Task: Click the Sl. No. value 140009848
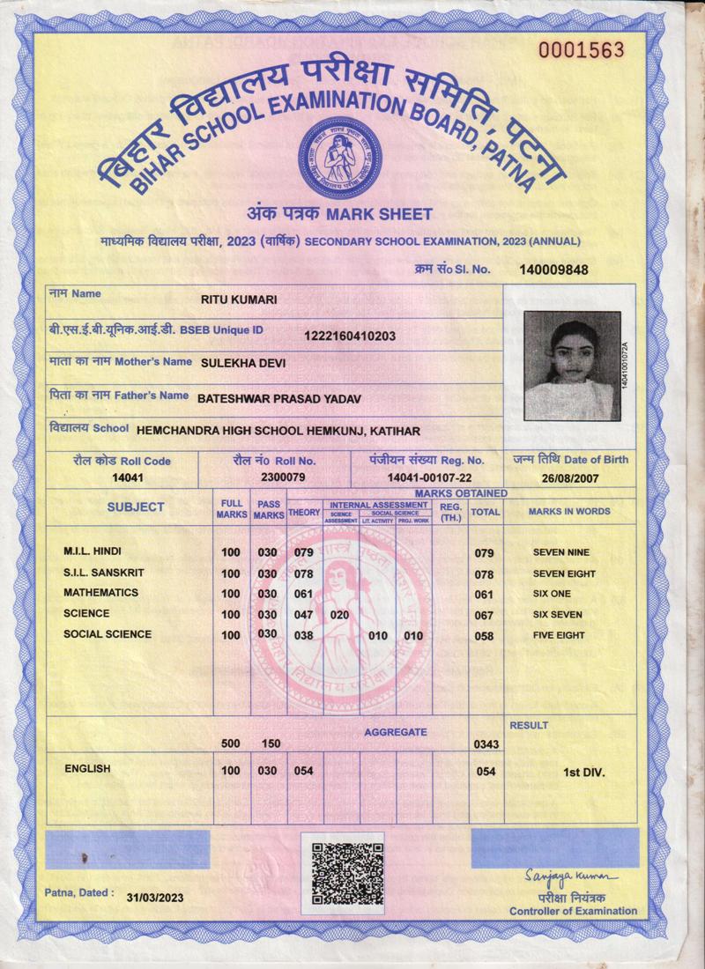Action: click(553, 270)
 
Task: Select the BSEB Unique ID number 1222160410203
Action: click(350, 336)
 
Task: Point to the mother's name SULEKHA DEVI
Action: click(243, 362)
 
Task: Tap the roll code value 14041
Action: click(128, 477)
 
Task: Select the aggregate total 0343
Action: click(486, 745)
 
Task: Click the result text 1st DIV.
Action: click(584, 772)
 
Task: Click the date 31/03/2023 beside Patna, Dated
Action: click(155, 898)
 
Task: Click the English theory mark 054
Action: click(304, 771)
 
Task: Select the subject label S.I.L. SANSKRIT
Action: click(104, 573)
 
